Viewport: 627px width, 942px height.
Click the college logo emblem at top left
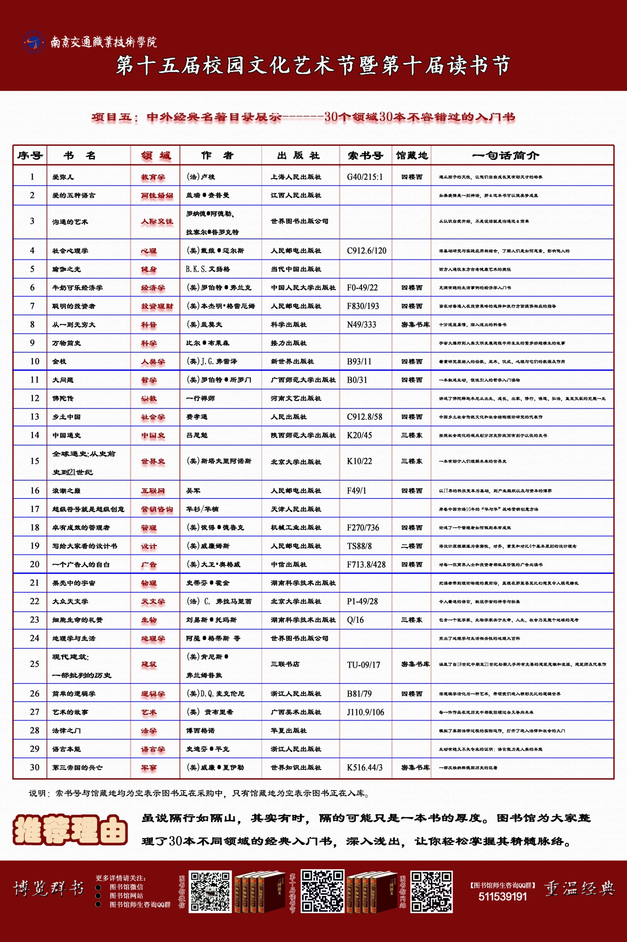click(x=34, y=42)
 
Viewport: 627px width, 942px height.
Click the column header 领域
click(x=156, y=156)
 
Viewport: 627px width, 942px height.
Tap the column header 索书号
click(x=365, y=156)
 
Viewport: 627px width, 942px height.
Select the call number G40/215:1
click(x=365, y=177)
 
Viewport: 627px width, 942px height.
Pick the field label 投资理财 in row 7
click(x=157, y=306)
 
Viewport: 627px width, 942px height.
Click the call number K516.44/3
click(x=365, y=768)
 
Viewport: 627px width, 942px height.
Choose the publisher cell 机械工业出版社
click(x=296, y=528)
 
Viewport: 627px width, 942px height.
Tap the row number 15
click(x=35, y=461)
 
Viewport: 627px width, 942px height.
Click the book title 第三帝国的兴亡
click(x=78, y=768)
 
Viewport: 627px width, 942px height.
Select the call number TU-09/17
click(x=363, y=665)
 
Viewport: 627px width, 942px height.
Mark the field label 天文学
click(x=153, y=602)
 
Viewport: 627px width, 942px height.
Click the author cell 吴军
click(x=193, y=491)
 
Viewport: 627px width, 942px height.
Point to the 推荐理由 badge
click(x=70, y=829)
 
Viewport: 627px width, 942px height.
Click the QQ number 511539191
click(x=503, y=897)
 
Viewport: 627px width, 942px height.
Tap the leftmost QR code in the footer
click(x=210, y=892)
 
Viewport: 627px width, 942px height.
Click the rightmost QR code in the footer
click(x=431, y=892)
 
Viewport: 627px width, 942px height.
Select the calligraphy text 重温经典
click(x=580, y=889)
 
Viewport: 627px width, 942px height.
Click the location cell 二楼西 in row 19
click(x=411, y=546)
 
